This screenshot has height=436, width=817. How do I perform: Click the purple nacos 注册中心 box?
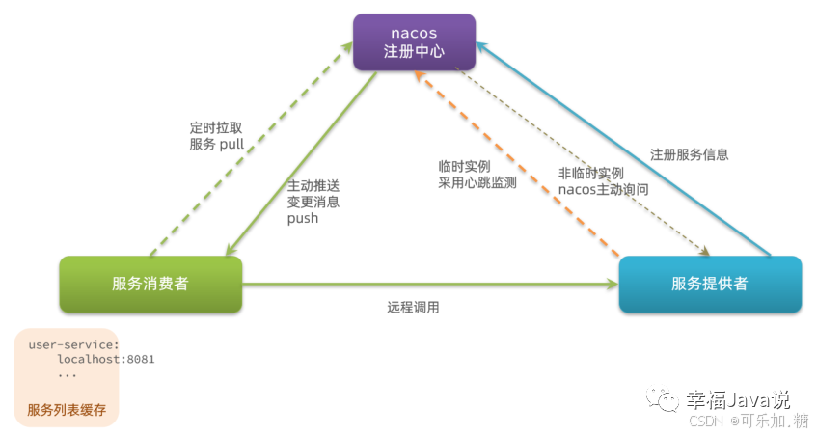click(x=414, y=42)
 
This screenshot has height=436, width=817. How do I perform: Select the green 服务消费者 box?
click(x=150, y=284)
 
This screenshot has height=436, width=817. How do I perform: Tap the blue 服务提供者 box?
click(x=710, y=284)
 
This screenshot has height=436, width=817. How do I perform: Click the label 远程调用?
click(x=413, y=308)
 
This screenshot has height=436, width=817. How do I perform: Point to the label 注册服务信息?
click(x=689, y=154)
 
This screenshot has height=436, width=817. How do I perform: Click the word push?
click(x=302, y=218)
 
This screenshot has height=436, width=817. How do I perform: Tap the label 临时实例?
click(x=464, y=165)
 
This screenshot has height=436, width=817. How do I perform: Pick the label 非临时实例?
click(x=591, y=173)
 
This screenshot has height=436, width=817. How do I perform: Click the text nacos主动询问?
click(x=603, y=189)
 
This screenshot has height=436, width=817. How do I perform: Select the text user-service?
click(x=73, y=344)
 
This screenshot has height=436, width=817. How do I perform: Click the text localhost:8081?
click(x=105, y=359)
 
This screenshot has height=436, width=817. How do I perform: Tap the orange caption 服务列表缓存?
click(x=66, y=409)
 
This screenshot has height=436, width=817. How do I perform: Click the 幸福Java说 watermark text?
click(x=738, y=398)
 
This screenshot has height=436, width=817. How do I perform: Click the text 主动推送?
click(x=313, y=185)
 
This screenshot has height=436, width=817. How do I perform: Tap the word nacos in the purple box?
click(x=414, y=33)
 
